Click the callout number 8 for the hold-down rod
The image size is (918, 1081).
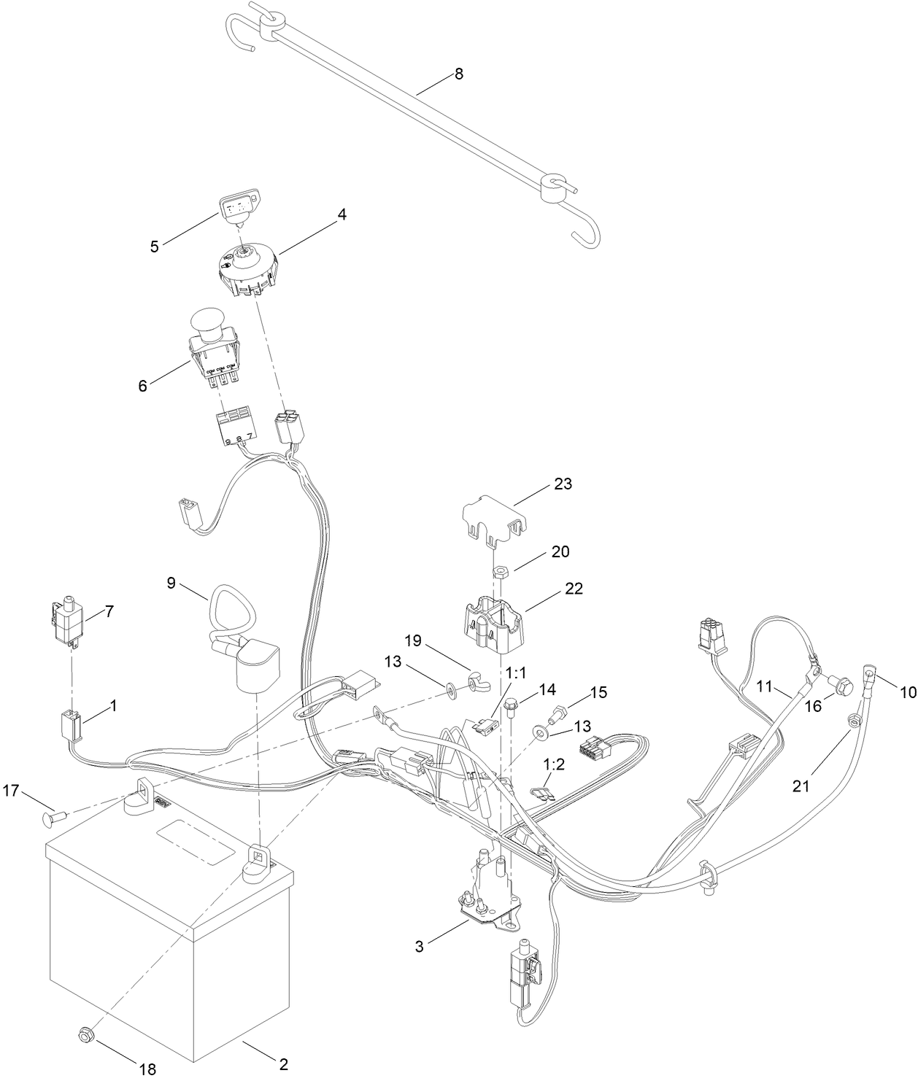pyautogui.click(x=458, y=74)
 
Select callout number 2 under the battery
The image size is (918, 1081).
pyautogui.click(x=283, y=1063)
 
